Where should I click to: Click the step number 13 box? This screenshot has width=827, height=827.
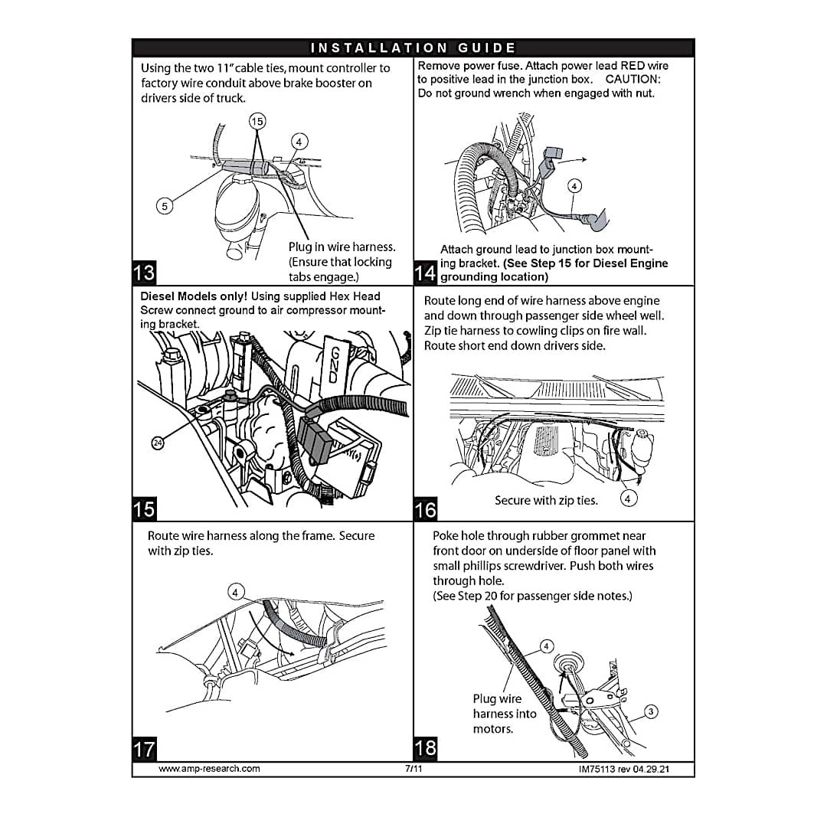144,273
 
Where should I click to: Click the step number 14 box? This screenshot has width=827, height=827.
425,273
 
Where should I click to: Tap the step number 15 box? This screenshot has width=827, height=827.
144,509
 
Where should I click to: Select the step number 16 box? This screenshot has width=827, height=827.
425,509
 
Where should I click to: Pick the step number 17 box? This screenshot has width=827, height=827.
144,748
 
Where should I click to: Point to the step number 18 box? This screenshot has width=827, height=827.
425,748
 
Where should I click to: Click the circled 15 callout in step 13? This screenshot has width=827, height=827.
258,121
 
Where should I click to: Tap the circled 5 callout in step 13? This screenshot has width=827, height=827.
163,204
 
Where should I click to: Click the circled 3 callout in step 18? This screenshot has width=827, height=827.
651,712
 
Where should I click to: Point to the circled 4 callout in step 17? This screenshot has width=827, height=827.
236,592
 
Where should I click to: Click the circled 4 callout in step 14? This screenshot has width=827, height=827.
574,185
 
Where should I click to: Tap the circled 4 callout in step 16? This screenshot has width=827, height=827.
628,499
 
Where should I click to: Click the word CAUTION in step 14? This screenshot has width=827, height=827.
633,80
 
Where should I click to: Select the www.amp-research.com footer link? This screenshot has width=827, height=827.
209,768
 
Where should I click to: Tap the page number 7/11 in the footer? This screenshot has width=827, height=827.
413,768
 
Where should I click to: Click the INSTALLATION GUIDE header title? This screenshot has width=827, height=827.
413,48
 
